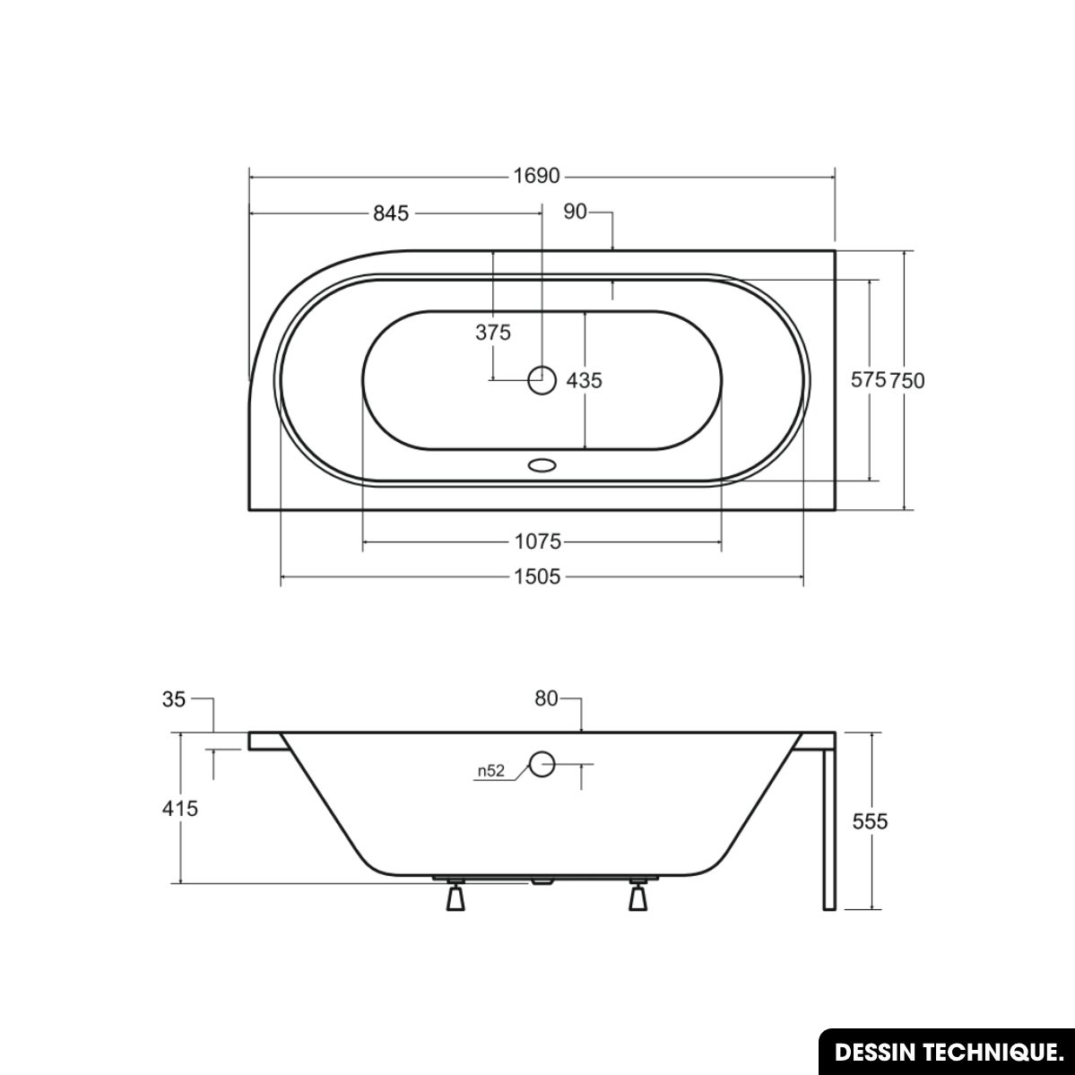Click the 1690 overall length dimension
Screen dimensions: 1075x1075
[x=537, y=177]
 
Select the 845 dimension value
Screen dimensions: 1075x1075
[x=391, y=213]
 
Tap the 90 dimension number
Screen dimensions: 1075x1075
[x=576, y=212]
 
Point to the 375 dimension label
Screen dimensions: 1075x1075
[x=493, y=333]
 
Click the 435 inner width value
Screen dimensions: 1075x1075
[x=584, y=380]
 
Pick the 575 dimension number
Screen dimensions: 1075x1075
[x=869, y=379]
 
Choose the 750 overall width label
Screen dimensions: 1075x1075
[x=907, y=380]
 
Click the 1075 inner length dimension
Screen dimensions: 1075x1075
[x=538, y=542]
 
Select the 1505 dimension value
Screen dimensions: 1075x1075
[x=538, y=577]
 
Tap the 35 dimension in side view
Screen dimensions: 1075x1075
[x=173, y=699]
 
